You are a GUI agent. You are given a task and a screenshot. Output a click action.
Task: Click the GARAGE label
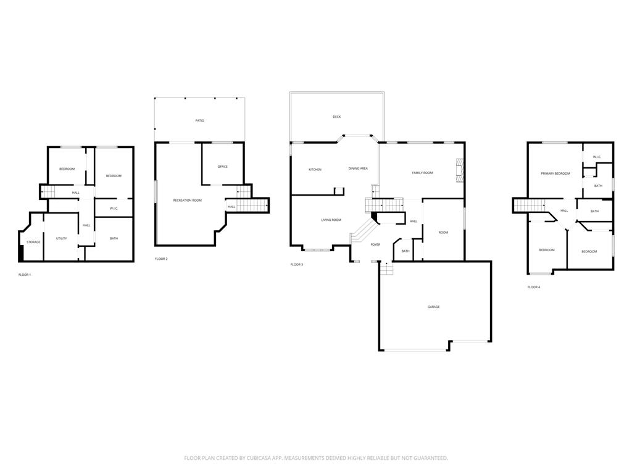point(434,307)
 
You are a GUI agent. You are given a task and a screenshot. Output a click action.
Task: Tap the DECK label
point(336,117)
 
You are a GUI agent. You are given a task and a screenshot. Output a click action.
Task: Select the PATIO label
point(199,120)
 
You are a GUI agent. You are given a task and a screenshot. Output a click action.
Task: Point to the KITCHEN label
point(315,169)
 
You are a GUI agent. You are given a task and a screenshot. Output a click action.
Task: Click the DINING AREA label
point(358,168)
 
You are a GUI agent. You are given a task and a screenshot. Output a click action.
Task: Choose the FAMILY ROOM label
point(422,173)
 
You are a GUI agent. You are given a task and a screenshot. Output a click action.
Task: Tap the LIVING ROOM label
point(331,220)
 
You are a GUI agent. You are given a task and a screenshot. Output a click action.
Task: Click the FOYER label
point(375,244)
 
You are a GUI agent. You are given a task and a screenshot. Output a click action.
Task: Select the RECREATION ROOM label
point(187,200)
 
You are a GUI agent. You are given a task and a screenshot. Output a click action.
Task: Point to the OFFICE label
point(223,167)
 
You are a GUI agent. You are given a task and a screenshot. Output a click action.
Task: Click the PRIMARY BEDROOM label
point(555,173)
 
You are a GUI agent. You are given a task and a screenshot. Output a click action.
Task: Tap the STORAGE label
point(33,242)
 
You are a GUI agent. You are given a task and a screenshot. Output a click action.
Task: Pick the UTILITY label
point(62,238)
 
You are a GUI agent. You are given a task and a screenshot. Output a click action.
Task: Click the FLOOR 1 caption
point(25,275)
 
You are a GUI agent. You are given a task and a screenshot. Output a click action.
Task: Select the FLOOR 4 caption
point(534,287)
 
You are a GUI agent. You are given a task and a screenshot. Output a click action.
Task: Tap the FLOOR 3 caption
point(297,264)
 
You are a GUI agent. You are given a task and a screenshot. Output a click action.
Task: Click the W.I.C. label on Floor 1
point(114,209)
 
